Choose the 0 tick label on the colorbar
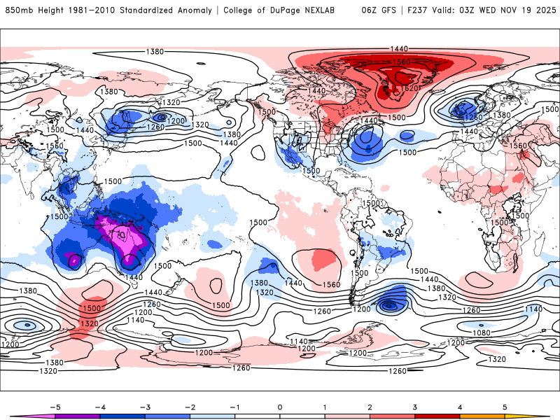pos(279,406)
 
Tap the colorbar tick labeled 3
pos(415,406)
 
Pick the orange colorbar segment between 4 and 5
pos(482,416)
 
